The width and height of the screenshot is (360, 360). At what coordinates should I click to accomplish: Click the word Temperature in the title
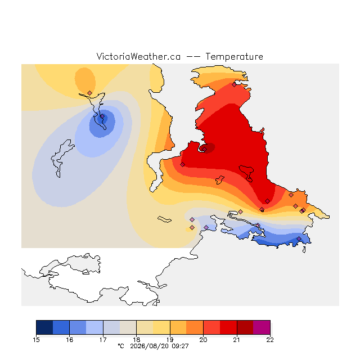[234, 56]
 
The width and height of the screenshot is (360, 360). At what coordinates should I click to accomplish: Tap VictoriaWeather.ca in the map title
[138, 56]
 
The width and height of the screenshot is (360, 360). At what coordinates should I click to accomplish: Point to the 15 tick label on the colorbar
[36, 340]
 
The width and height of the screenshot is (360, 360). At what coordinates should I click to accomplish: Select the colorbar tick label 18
[136, 340]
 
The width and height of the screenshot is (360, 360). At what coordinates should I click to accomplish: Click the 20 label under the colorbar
[203, 340]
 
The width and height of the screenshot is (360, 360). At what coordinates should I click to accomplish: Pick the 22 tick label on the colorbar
[270, 340]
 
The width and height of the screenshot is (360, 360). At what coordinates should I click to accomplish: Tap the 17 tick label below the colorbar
[103, 340]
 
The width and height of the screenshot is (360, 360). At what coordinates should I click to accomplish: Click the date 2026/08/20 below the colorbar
[150, 346]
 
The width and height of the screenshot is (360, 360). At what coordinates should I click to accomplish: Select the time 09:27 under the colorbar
[180, 346]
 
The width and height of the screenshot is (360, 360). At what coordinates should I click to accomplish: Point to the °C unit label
[121, 346]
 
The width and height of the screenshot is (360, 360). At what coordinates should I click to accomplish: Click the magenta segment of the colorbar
[262, 327]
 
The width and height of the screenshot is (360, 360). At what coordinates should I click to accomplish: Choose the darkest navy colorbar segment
[44, 327]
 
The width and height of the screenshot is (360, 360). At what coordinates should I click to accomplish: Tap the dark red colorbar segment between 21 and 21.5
[245, 327]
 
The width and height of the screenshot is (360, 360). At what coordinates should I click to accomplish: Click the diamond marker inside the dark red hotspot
[204, 149]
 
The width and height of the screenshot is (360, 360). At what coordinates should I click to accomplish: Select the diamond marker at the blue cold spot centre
[102, 116]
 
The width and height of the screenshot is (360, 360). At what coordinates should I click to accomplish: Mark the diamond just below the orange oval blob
[90, 93]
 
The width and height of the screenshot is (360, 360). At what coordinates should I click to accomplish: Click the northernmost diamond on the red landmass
[234, 85]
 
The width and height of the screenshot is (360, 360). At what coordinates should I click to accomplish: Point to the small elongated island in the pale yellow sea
[164, 219]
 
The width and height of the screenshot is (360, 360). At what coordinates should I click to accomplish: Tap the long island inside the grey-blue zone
[62, 158]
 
